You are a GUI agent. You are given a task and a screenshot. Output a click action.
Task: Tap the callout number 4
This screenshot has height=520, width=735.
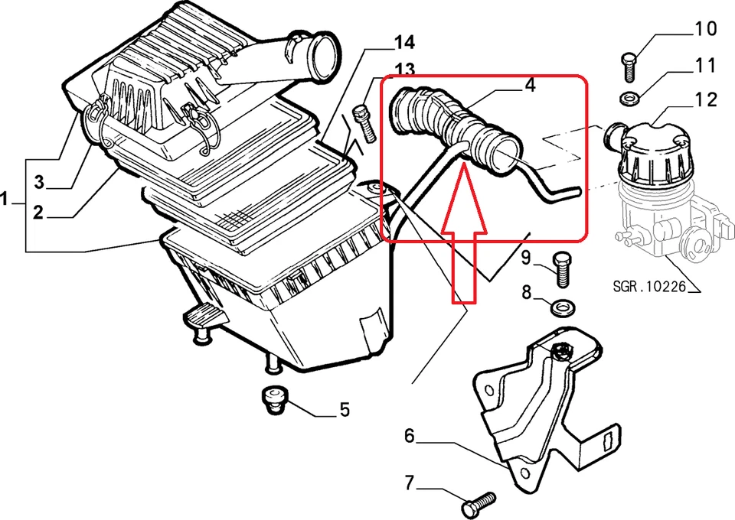coord(530,84)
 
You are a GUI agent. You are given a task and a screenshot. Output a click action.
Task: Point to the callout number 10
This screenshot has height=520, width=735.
coord(705,31)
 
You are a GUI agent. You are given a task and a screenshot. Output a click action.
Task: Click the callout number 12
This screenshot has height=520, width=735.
coord(705,99)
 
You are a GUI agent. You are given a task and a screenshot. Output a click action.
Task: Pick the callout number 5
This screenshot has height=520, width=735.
coord(344,411)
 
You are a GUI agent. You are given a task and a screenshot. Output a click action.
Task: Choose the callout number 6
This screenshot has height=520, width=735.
coord(410,437)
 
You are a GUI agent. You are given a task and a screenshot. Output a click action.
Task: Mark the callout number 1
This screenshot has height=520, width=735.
coord(6,200)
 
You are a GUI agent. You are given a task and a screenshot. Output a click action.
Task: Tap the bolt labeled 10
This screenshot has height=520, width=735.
coord(627,67)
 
